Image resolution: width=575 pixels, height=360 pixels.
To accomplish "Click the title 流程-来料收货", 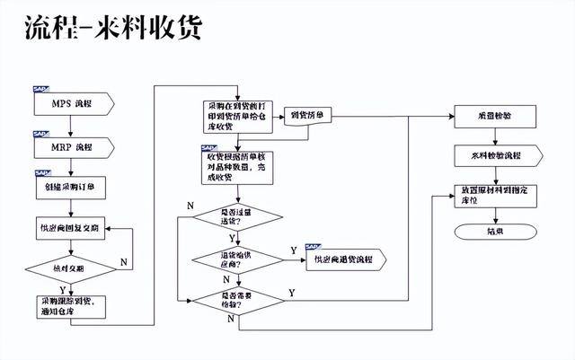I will coord(113,29).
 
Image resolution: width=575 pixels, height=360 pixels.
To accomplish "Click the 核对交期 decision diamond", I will coord(70,268).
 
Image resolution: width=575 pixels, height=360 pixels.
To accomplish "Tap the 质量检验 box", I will coord(495,117).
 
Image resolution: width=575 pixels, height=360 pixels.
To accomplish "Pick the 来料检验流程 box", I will coord(495,157).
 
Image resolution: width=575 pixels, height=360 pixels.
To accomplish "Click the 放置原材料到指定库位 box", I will coord(495,197).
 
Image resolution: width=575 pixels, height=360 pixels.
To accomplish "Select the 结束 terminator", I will coord(495,232).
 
